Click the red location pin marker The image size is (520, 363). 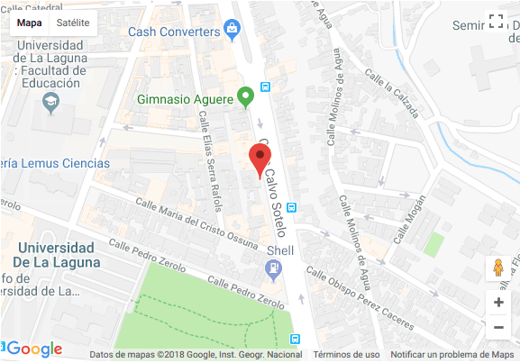pyautogui.click(x=260, y=161)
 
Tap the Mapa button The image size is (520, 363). pyautogui.click(x=29, y=23)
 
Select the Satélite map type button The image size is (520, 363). pyautogui.click(x=72, y=23)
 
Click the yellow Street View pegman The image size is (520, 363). pyautogui.click(x=497, y=268)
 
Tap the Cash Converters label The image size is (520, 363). pyautogui.click(x=174, y=32)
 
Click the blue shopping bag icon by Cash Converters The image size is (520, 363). pyautogui.click(x=233, y=31)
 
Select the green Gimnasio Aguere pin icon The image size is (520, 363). pyautogui.click(x=245, y=95)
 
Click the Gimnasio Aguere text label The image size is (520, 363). pyautogui.click(x=186, y=98)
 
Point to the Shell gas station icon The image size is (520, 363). pyautogui.click(x=272, y=268)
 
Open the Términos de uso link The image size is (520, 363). pyautogui.click(x=347, y=355)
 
